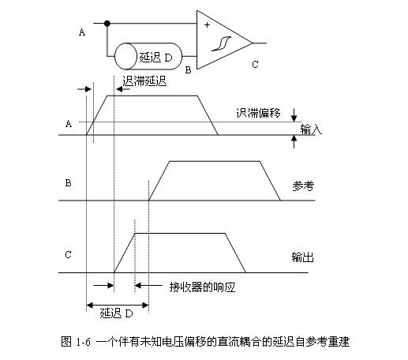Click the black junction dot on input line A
click(107, 24)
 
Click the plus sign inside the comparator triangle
click(207, 25)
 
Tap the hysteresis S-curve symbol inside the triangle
click(221, 43)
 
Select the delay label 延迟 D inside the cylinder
click(155, 58)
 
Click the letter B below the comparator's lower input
click(188, 70)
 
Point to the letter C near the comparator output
click(255, 65)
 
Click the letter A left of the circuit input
click(82, 32)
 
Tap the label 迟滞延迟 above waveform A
click(144, 81)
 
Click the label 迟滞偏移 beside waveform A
click(258, 113)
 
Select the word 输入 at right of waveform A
click(311, 129)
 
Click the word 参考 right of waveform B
click(303, 186)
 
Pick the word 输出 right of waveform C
click(303, 257)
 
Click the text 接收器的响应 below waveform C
click(202, 287)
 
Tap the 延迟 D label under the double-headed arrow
click(116, 313)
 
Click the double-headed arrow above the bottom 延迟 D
click(118, 306)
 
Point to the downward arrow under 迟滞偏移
click(294, 115)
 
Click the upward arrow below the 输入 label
click(294, 141)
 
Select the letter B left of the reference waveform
click(68, 183)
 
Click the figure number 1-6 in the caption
click(83, 342)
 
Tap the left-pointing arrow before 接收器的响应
click(148, 285)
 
